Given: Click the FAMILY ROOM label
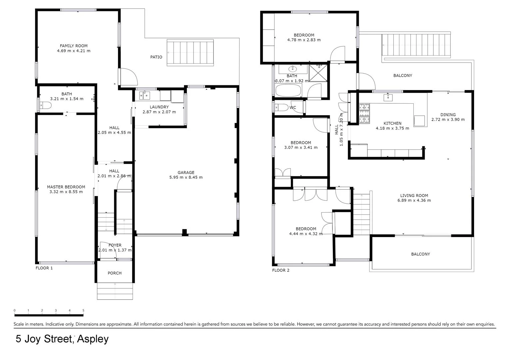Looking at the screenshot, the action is click(74, 46).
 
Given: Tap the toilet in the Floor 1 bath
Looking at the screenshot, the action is click(45, 106).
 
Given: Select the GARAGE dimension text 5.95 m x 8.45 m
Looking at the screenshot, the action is click(186, 177).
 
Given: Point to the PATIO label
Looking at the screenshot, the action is click(156, 57).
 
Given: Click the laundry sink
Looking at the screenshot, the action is click(145, 95).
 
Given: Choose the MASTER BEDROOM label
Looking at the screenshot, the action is click(66, 187).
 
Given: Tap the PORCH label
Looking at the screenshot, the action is click(115, 273).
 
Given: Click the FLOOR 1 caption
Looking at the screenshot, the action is click(44, 268).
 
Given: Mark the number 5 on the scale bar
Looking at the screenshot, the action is click(83, 310).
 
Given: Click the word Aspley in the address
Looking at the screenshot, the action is click(93, 339).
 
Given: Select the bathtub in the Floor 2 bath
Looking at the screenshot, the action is click(288, 90).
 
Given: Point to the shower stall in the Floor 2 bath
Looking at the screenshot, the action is click(318, 73).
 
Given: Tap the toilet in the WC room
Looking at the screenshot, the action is click(281, 107).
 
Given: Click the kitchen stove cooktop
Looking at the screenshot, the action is click(364, 113).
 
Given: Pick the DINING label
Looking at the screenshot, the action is click(448, 115).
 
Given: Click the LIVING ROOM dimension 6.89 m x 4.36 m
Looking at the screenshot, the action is click(414, 200).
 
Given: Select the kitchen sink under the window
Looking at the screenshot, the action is click(388, 97).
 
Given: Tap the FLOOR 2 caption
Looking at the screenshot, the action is click(280, 270).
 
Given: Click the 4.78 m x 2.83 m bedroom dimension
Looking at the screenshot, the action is click(304, 40).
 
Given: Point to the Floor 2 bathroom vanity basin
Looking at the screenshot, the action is click(292, 69).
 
